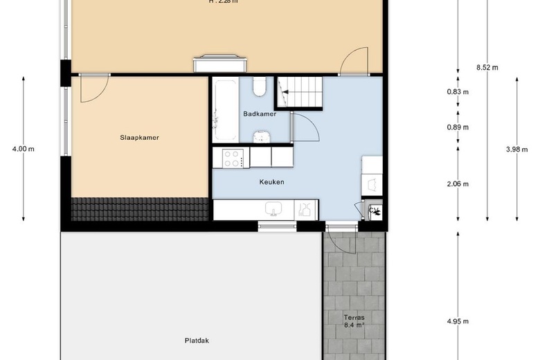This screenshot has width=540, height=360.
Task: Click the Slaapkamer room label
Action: (x=139, y=137)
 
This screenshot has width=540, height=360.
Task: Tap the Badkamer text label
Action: (x=260, y=114)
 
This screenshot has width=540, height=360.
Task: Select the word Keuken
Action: (x=271, y=182)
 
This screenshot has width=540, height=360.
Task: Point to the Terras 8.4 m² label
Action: (x=353, y=321)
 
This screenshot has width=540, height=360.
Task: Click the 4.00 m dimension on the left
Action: (x=24, y=148)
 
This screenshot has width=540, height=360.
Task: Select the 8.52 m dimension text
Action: (x=487, y=67)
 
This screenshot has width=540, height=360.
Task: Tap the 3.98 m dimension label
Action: (x=518, y=148)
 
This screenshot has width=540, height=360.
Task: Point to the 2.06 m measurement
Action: (x=458, y=183)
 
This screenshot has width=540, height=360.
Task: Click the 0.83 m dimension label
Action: (x=458, y=92)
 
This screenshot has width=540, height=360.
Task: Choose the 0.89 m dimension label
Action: (x=458, y=127)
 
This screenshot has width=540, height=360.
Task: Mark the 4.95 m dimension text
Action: (x=458, y=321)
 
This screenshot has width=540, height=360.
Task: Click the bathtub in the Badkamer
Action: (x=224, y=109)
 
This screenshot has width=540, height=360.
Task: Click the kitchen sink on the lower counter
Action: (x=274, y=209)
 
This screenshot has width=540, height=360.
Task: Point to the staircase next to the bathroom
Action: (x=303, y=91)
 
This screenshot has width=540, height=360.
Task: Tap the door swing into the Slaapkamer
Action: (x=94, y=87)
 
